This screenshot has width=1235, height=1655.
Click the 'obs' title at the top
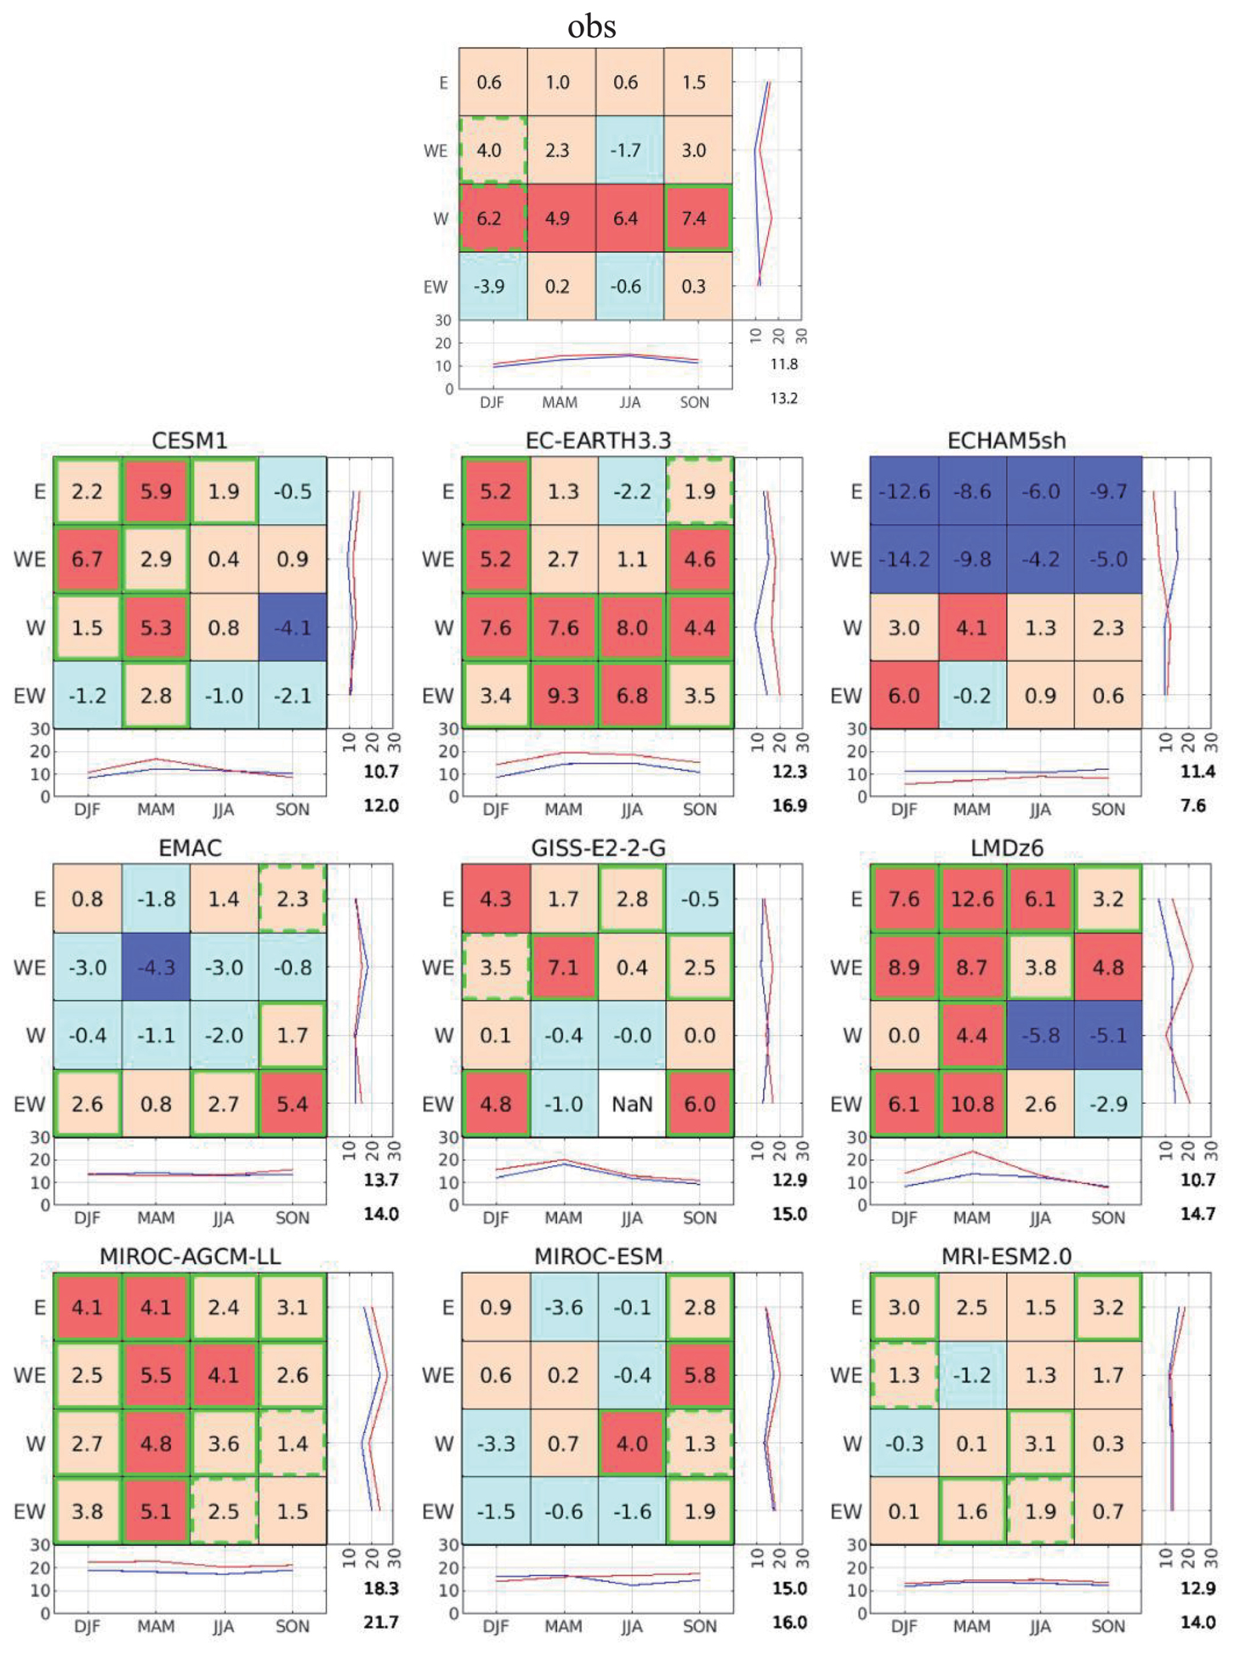click(591, 26)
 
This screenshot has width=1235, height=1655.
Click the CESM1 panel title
click(189, 441)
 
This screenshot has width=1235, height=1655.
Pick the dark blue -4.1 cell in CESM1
click(292, 627)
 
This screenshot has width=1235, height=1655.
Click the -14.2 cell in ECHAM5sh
click(904, 559)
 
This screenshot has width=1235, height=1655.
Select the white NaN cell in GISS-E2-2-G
click(632, 1104)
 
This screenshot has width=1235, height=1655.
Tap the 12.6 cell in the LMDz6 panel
click(972, 899)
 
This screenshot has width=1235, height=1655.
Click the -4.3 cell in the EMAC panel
click(155, 967)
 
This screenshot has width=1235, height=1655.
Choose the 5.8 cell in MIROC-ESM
click(700, 1374)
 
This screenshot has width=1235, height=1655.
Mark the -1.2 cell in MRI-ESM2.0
click(972, 1374)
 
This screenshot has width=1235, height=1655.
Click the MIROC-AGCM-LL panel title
click(190, 1256)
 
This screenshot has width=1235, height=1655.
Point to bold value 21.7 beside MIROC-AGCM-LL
click(381, 1622)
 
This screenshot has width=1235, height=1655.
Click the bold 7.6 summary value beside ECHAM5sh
click(1193, 805)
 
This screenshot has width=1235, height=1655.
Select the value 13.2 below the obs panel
click(784, 397)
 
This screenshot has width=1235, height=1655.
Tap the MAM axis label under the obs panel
click(559, 402)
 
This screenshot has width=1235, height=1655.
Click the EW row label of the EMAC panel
click(30, 1104)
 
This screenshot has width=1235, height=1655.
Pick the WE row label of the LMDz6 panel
click(846, 967)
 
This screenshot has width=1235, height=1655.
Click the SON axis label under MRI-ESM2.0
click(1108, 1626)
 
